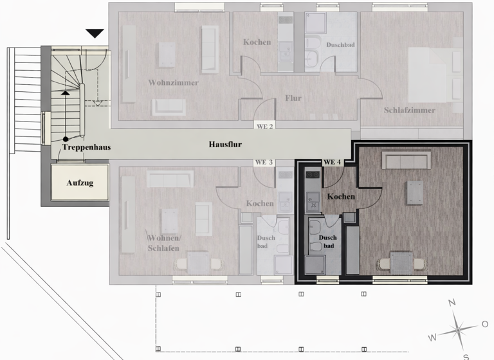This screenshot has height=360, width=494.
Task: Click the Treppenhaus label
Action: click(x=86, y=147)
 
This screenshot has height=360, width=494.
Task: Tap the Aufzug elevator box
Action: click(x=80, y=183)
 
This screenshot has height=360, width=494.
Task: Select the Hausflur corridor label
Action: click(x=225, y=145)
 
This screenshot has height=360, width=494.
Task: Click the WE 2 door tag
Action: click(x=264, y=127)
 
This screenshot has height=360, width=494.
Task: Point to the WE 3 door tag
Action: click(x=264, y=162)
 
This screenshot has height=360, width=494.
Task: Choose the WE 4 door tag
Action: click(x=332, y=162)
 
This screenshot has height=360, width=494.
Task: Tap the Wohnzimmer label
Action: click(x=173, y=83)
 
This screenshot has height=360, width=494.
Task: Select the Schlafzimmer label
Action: click(x=410, y=110)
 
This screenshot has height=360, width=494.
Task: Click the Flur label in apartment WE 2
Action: click(x=293, y=98)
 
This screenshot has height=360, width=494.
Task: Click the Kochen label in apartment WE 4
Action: click(x=342, y=196)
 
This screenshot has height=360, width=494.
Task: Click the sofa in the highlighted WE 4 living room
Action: click(x=406, y=159)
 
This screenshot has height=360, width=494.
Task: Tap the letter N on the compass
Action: click(x=452, y=303)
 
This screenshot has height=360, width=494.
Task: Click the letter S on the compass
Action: click(x=465, y=355)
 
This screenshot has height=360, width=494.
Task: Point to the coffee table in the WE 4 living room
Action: click(x=414, y=192)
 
